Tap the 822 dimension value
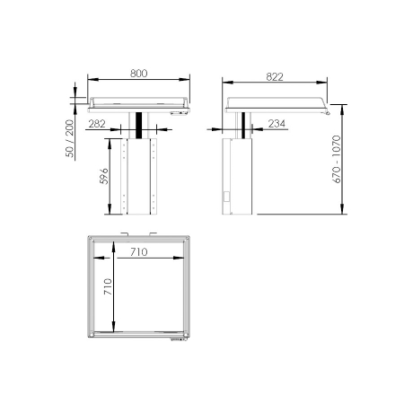275,76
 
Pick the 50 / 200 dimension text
70,135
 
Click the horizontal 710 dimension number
137,252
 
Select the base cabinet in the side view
238,178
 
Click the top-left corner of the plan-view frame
91,239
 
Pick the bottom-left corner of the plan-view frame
91,338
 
